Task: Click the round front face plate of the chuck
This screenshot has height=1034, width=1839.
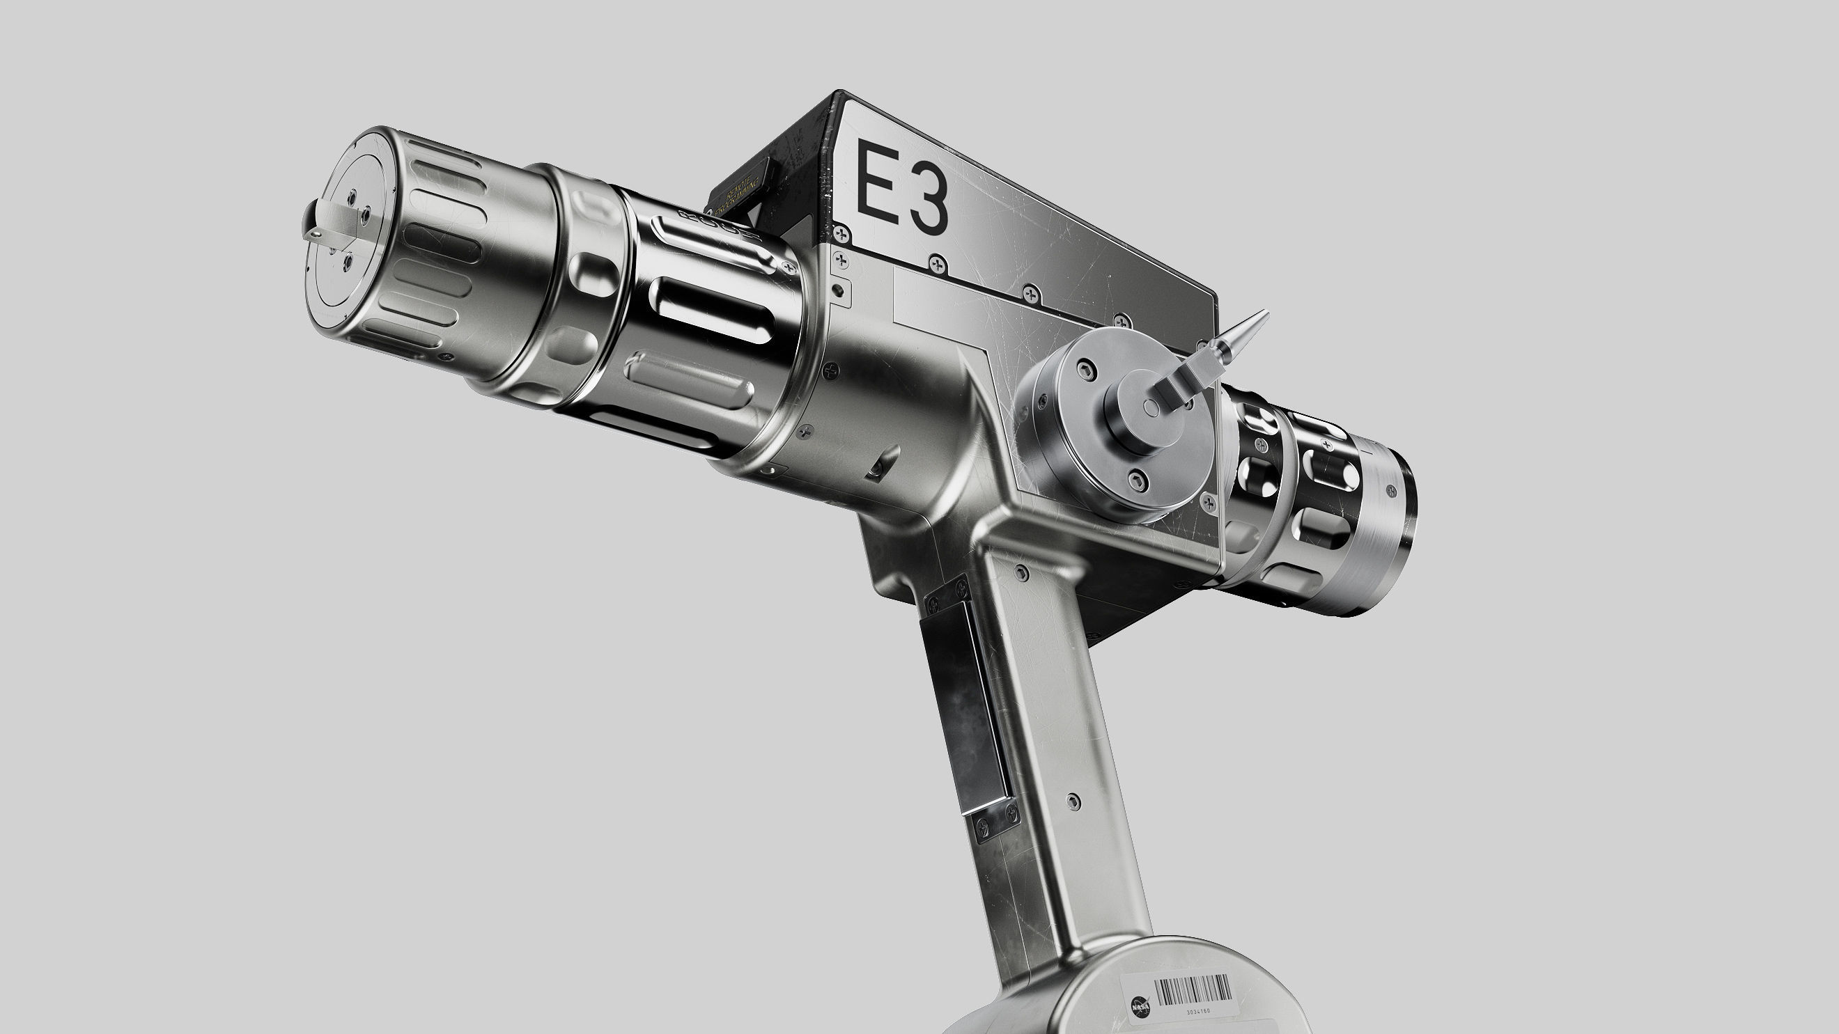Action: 347,232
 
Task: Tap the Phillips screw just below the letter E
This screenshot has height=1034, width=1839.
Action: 844,233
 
